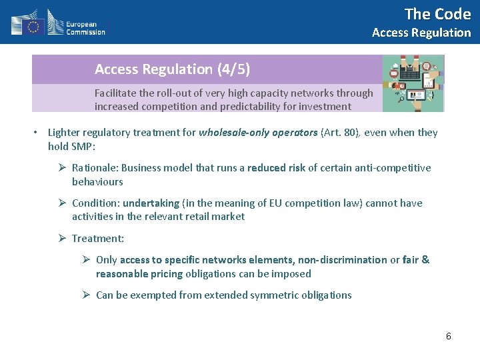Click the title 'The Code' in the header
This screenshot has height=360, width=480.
click(437, 14)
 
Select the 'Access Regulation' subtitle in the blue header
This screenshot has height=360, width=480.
click(421, 33)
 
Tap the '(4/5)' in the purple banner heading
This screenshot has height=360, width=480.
click(233, 69)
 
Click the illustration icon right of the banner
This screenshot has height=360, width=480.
click(413, 83)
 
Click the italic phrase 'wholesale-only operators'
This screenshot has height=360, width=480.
click(258, 133)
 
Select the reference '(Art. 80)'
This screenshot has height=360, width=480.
click(341, 133)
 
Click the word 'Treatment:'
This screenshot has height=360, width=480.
click(98, 239)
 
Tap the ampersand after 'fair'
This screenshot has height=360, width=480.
click(425, 260)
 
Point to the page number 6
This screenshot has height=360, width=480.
click(449, 336)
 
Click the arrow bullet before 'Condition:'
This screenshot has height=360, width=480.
click(62, 203)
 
